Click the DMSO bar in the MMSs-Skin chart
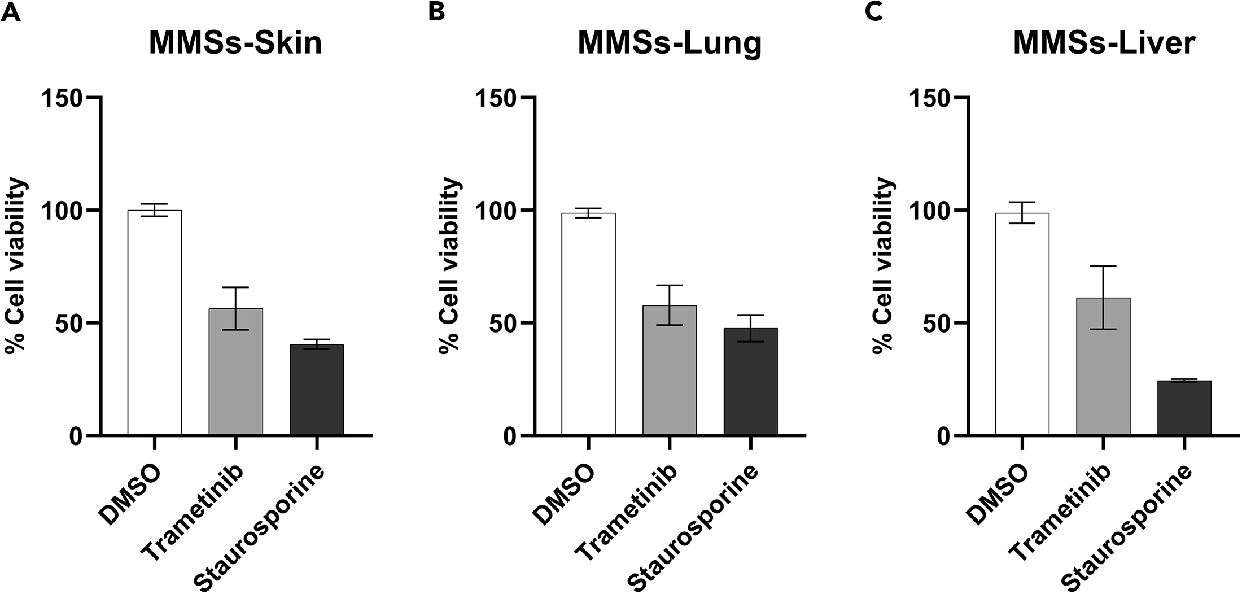pyautogui.click(x=154, y=322)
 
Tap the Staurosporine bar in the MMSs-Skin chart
pyautogui.click(x=317, y=390)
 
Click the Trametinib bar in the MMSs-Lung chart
pyautogui.click(x=669, y=370)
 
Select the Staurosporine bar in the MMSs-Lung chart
pyautogui.click(x=750, y=381)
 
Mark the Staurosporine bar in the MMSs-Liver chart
pyautogui.click(x=1184, y=408)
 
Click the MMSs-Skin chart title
pyautogui.click(x=235, y=43)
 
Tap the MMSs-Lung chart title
pyautogui.click(x=670, y=43)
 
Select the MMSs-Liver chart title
pyautogui.click(x=1104, y=43)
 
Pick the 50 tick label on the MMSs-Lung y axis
pyautogui.click(x=504, y=323)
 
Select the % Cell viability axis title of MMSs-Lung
pyautogui.click(x=450, y=265)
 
